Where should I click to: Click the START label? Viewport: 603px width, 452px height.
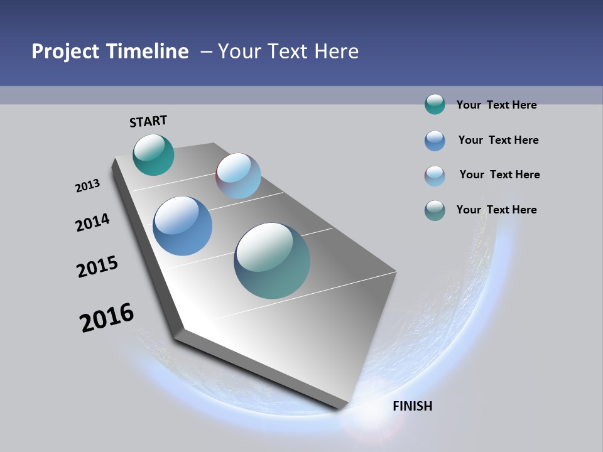tap(148, 121)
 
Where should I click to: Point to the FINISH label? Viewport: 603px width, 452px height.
tap(412, 406)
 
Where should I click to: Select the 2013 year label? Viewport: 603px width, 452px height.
tap(87, 186)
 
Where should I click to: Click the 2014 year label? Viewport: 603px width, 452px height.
tap(92, 222)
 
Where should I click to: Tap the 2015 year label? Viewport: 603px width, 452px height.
tap(97, 267)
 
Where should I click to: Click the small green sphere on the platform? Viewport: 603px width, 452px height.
tap(153, 154)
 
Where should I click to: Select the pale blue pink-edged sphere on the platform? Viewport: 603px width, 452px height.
tap(238, 176)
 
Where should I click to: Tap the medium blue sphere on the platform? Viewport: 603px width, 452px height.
tap(182, 226)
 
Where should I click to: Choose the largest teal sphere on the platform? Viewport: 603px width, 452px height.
tap(272, 261)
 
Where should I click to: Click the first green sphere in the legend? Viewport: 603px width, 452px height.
tap(435, 104)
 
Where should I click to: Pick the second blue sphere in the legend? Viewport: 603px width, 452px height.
tap(435, 141)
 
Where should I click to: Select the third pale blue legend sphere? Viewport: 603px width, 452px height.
tap(435, 176)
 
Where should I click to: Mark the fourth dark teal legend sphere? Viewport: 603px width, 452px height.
tap(435, 210)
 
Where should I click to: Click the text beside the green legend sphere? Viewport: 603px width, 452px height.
tap(496, 105)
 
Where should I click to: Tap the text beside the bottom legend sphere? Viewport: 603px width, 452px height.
tap(496, 210)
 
